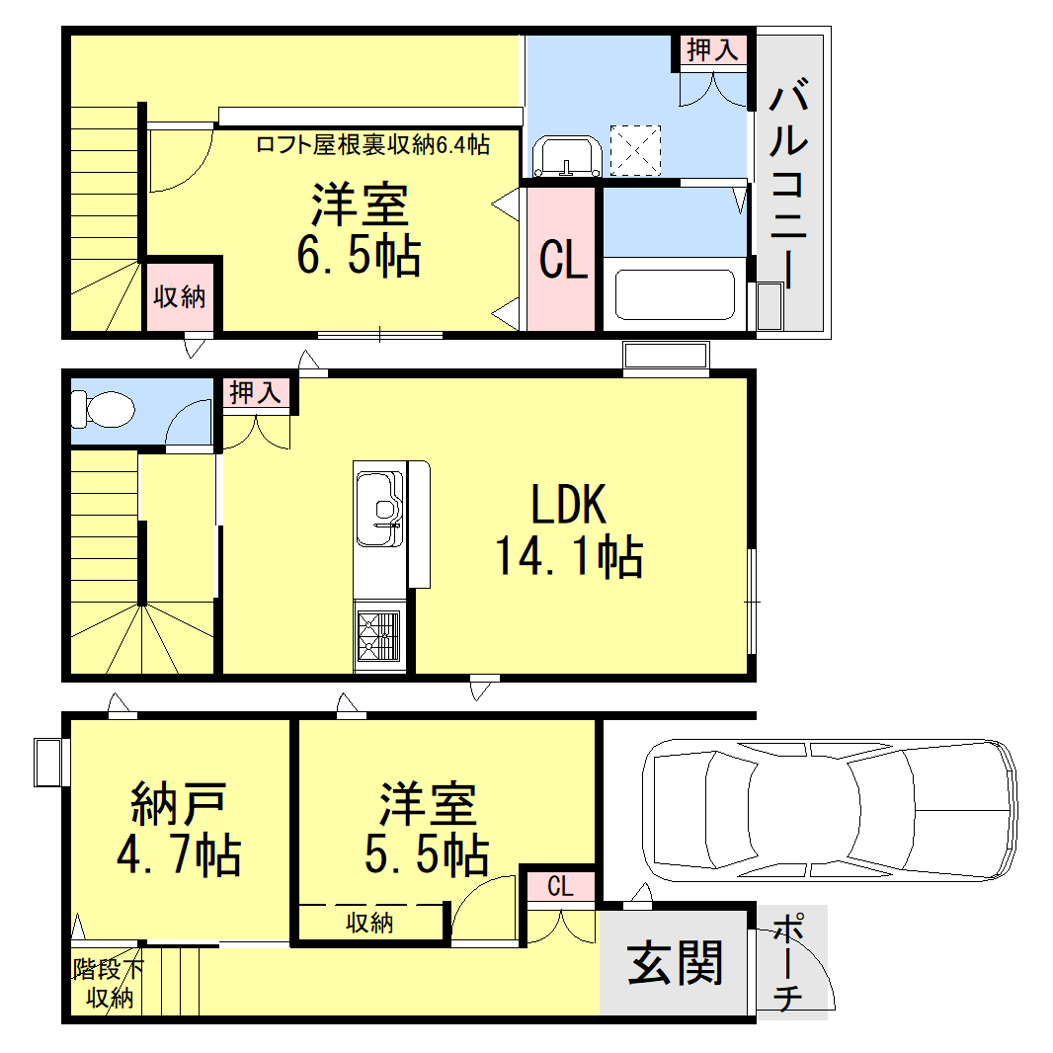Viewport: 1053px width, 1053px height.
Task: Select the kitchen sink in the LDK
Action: click(x=379, y=506)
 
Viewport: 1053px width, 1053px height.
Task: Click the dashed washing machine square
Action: click(x=634, y=148)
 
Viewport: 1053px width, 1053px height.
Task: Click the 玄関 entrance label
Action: click(x=677, y=961)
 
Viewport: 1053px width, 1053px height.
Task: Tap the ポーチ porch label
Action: click(x=787, y=964)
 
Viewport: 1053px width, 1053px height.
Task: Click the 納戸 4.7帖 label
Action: click(x=179, y=829)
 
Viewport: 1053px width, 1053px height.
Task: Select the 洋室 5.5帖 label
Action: click(x=427, y=829)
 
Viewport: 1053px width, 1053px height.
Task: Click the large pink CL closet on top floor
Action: click(x=562, y=260)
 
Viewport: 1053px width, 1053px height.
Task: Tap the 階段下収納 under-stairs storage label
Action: click(x=108, y=983)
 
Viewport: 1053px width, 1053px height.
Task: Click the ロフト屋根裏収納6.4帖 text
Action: click(x=372, y=145)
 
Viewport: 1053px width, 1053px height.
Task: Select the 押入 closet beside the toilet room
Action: click(x=256, y=392)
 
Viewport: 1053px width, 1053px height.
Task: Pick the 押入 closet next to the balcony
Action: click(x=712, y=51)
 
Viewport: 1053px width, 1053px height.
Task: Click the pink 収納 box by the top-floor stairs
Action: click(x=180, y=296)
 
